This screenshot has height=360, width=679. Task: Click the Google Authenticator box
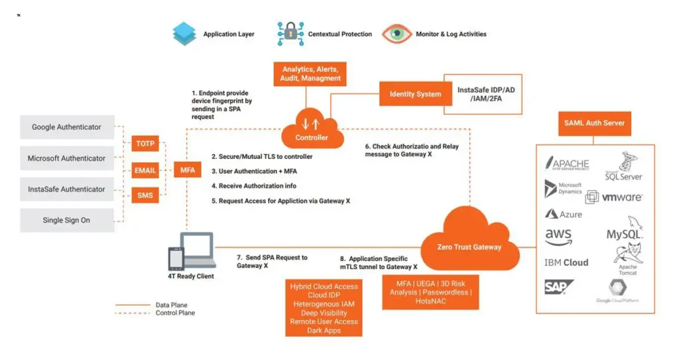(x=67, y=127)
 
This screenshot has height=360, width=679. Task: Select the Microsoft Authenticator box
(x=67, y=158)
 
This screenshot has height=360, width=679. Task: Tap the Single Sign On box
(x=67, y=220)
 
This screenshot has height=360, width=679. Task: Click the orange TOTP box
(x=145, y=143)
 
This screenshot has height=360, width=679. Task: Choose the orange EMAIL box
(x=145, y=170)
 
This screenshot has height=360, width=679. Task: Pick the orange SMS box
(x=145, y=196)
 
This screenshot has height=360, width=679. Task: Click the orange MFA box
(x=188, y=170)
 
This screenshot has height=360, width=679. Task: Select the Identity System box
(x=415, y=94)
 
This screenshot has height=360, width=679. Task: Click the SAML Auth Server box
(x=594, y=123)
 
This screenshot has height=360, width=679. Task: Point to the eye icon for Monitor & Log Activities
(x=397, y=34)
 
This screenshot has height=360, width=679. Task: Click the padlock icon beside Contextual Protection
(x=290, y=33)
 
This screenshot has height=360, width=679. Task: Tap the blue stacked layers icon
(x=184, y=34)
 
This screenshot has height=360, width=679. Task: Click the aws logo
(x=558, y=237)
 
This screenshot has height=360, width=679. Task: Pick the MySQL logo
(x=625, y=230)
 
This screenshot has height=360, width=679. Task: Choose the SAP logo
(x=557, y=286)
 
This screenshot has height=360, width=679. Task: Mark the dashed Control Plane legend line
(x=133, y=313)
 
